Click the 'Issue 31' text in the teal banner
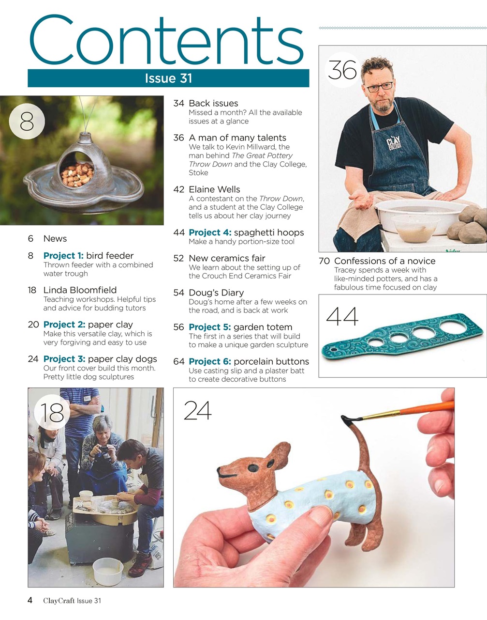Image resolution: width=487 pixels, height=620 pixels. (x=168, y=78)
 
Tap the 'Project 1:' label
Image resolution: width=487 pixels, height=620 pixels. (x=63, y=256)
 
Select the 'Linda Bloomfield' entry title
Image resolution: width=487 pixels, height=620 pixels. (x=80, y=290)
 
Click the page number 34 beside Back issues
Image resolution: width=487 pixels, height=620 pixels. (x=178, y=103)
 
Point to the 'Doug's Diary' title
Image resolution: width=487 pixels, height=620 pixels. (x=216, y=293)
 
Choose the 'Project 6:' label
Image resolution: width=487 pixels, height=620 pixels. (x=210, y=361)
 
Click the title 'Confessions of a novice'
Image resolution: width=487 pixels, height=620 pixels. (x=384, y=261)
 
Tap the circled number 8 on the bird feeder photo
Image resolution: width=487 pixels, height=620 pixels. (x=27, y=121)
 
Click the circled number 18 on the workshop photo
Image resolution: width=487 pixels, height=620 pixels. (x=52, y=412)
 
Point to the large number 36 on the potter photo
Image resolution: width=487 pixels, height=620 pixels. (x=342, y=70)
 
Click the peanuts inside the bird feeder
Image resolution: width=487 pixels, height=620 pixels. (x=77, y=174)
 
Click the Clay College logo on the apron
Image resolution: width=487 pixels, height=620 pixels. (x=393, y=143)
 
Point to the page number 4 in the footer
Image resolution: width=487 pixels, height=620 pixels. (x=30, y=601)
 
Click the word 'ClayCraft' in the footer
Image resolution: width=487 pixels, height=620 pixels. (x=59, y=601)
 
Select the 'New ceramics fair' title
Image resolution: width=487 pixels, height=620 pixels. (x=227, y=258)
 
